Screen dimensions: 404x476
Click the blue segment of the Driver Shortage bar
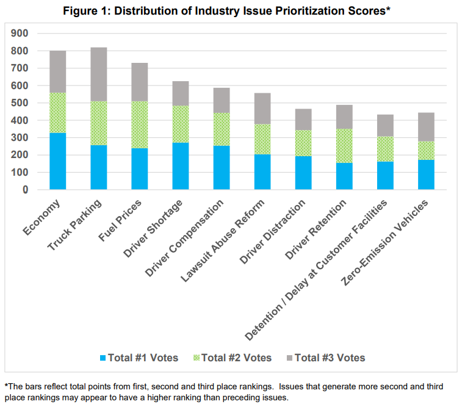pos(180,166)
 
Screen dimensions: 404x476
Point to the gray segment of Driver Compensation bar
pos(221,100)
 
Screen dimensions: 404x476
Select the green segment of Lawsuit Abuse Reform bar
pos(262,139)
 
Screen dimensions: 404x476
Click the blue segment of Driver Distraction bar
pos(303,173)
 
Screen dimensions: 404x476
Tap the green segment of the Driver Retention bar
pos(344,146)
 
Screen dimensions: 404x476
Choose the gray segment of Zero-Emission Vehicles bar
pos(425,127)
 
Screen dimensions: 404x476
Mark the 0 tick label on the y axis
pos(26,190)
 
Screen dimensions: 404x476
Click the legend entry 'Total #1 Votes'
pos(142,358)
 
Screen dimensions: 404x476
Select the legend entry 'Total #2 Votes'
pos(236,358)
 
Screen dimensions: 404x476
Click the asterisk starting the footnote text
pos(6,386)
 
